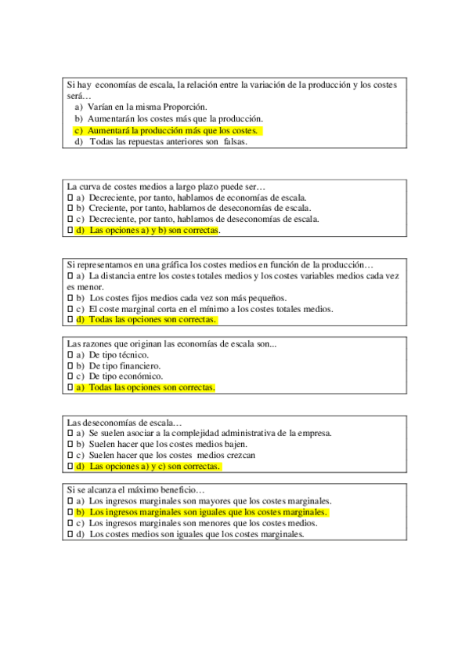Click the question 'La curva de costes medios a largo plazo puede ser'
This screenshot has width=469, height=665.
[167, 187]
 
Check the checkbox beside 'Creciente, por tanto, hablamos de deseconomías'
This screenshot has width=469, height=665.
[70, 209]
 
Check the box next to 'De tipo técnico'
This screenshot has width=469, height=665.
[70, 354]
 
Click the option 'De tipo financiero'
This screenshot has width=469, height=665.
[124, 365]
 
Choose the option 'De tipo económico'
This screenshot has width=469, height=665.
[125, 376]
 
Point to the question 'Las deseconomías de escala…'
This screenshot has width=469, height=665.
[124, 422]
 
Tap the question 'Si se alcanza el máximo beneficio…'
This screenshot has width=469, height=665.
[135, 490]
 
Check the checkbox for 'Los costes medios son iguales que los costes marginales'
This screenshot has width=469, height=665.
[70, 534]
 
